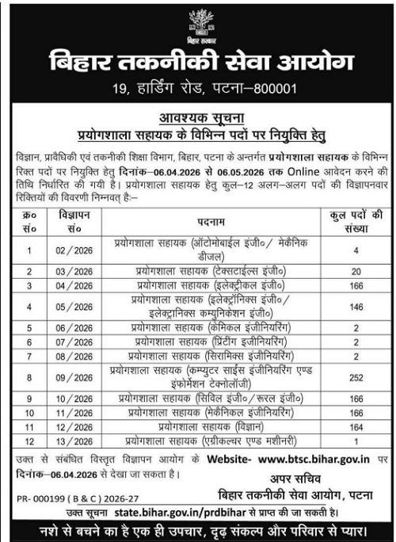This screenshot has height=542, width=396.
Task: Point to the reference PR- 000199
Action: (42, 500)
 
